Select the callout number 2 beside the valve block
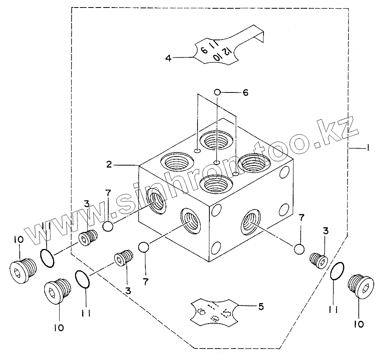point(109,164)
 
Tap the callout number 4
point(169,58)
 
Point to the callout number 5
point(261,306)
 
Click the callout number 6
point(245,92)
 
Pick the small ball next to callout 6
point(217,92)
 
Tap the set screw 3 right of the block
point(318,260)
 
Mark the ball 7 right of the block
point(299,249)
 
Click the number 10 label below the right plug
point(359,324)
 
